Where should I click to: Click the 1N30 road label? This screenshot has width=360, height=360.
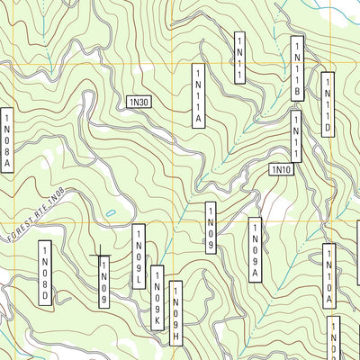139,103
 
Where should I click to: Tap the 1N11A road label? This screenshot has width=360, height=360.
197,95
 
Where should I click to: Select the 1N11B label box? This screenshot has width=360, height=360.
297,68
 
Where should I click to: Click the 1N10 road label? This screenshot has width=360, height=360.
281,168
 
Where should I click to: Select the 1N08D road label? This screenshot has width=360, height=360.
45,271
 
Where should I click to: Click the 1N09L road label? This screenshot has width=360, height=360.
139,257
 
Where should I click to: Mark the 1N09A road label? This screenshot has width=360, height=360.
255,252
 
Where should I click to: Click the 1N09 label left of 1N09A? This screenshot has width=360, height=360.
210,227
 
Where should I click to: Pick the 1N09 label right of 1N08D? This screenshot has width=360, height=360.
103,283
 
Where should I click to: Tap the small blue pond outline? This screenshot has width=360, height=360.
110,213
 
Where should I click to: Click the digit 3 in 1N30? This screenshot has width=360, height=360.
141,103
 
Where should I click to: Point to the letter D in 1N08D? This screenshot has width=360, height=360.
45,292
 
